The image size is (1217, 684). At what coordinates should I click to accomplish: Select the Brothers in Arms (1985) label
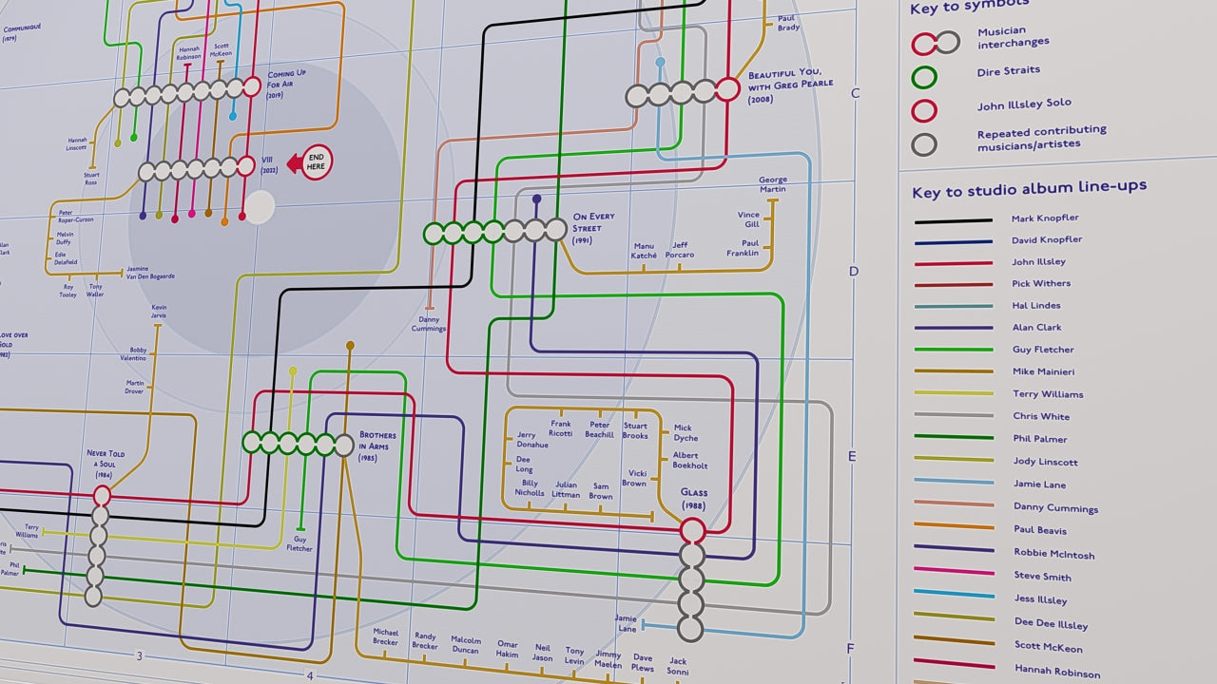click(x=377, y=446)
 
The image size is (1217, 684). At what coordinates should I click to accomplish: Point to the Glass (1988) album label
click(x=693, y=499)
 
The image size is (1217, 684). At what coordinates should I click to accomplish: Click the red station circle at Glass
click(x=692, y=530)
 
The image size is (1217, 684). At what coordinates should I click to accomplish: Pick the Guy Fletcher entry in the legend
click(x=1042, y=350)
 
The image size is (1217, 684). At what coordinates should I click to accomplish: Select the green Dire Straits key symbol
click(x=924, y=76)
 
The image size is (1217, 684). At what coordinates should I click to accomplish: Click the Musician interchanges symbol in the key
click(x=936, y=42)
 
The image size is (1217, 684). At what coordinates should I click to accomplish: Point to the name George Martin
click(x=772, y=184)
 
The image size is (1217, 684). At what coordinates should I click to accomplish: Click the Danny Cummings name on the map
click(x=429, y=324)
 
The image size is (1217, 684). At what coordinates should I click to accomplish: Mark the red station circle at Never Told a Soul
click(x=102, y=495)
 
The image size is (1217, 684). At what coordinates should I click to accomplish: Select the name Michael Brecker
click(x=385, y=636)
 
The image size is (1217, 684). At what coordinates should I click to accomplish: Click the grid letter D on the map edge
click(x=854, y=271)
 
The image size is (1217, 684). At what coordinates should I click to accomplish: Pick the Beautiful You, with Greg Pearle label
click(x=789, y=86)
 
